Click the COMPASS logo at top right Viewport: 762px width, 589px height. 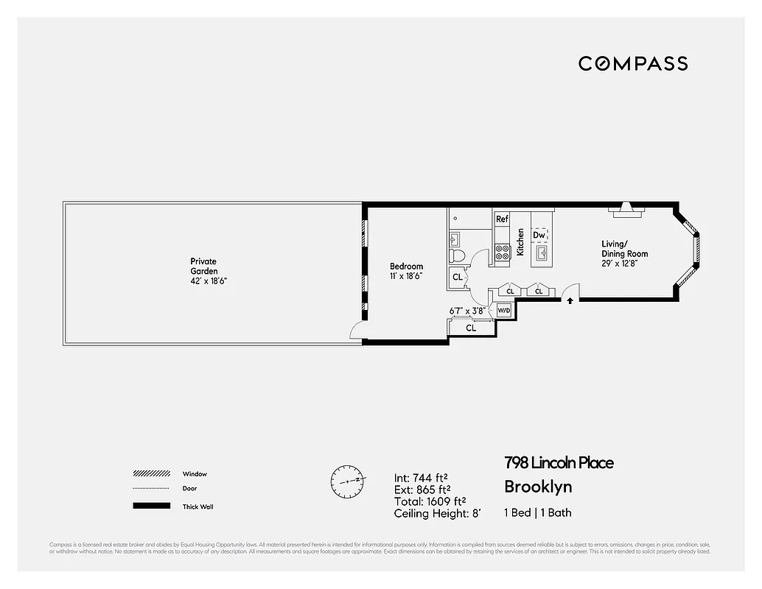coord(632,63)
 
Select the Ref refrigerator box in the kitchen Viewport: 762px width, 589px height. coord(502,219)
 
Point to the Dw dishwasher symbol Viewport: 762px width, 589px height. coord(539,235)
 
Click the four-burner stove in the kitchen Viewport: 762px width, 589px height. coord(503,253)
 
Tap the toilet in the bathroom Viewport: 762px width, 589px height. coord(457,256)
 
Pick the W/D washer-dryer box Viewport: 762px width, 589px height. coord(505,311)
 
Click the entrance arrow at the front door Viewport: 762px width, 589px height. coord(570,300)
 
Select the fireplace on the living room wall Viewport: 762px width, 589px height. coord(626,211)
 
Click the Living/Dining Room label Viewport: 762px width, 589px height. coord(624,249)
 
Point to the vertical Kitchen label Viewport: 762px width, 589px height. coord(520,241)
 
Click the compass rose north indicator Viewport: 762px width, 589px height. coord(347,481)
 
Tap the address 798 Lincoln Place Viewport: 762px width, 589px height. coord(558,463)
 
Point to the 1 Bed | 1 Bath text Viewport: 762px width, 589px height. coord(537,512)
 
